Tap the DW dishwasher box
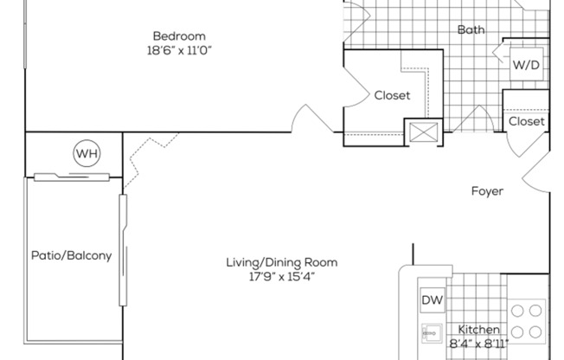(433, 300)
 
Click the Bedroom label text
(179, 35)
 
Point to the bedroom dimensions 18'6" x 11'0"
(179, 50)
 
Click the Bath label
(471, 30)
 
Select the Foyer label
(487, 190)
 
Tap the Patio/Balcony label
(71, 255)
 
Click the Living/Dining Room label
(282, 262)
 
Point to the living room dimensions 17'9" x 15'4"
(282, 277)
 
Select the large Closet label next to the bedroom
(392, 95)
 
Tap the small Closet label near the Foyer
(526, 122)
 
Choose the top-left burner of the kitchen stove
(516, 310)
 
